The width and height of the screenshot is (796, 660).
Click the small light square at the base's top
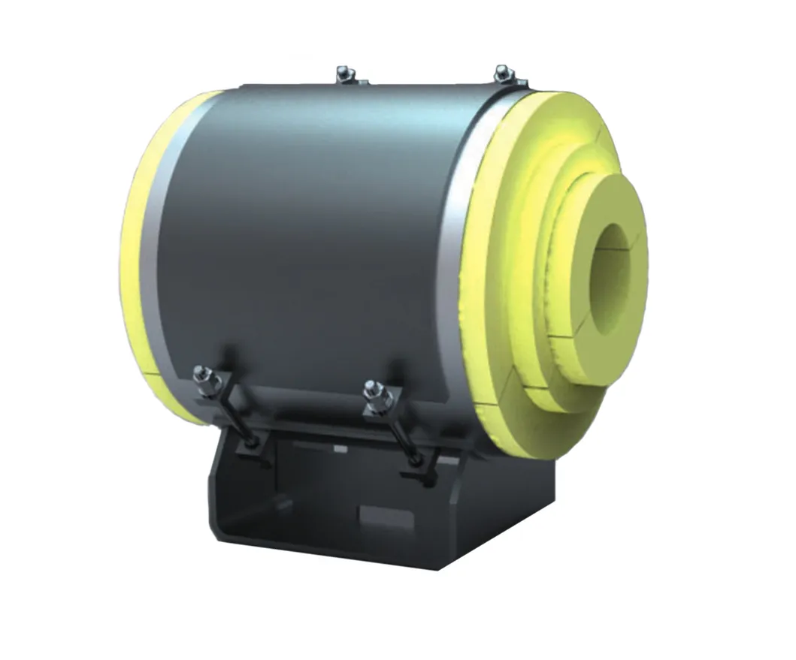pos(340,448)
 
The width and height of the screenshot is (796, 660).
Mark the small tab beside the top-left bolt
pos(362,81)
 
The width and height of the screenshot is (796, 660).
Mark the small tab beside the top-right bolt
pos(519,83)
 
